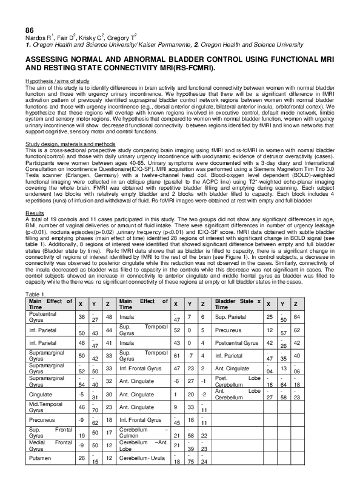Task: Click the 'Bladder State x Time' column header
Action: click(238, 304)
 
